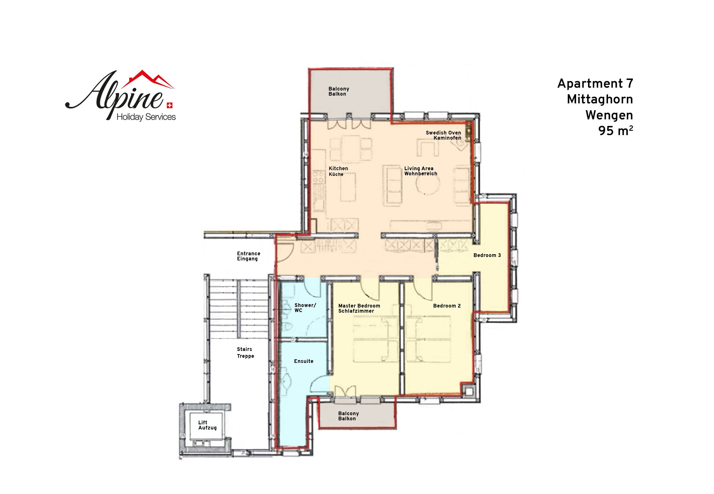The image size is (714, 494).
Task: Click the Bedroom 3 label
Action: [487, 255]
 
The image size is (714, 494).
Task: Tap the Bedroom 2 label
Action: [447, 306]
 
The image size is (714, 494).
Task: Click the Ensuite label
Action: [304, 361]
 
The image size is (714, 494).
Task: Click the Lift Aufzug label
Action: [207, 425]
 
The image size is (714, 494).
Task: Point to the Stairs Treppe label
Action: [245, 353]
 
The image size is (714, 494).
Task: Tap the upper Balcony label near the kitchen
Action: [339, 91]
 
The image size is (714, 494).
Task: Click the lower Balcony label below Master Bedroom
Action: [348, 416]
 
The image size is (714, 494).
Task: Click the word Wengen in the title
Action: [609, 115]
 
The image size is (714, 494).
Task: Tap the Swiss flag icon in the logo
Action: [170, 105]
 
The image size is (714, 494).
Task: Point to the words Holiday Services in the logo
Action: [146, 117]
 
